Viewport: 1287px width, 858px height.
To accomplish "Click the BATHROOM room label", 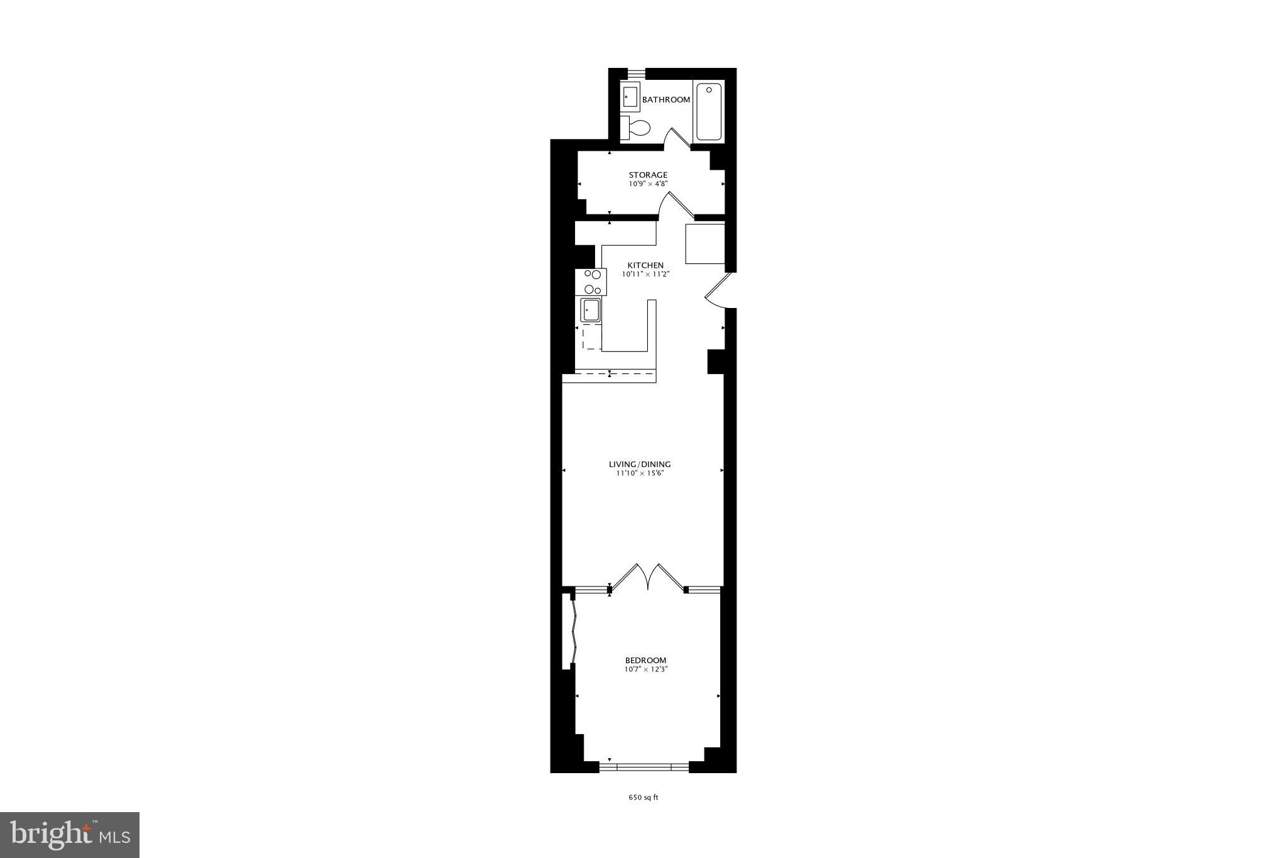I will point(666,100).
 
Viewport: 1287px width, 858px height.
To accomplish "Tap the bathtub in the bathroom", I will point(709,112).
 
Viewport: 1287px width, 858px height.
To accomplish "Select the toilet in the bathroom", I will point(637,128).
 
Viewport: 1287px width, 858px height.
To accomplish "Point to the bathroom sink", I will point(630,97).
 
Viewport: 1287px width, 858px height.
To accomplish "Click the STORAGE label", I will point(648,175).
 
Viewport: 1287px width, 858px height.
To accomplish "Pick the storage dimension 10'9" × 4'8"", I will point(648,184).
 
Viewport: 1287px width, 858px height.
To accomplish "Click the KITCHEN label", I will point(645,265).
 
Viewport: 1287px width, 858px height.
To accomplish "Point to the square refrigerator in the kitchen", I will point(704,243).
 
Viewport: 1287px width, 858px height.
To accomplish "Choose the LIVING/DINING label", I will point(640,465).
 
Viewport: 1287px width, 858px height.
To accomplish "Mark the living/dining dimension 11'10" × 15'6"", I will point(640,473).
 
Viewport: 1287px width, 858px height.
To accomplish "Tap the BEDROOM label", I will point(645,660).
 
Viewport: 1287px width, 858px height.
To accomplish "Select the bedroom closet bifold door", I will point(574,632).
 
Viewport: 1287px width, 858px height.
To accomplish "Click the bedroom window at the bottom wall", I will point(644,766).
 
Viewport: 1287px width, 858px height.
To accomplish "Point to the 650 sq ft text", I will point(643,798).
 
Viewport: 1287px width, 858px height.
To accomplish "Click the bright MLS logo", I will point(70,834).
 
